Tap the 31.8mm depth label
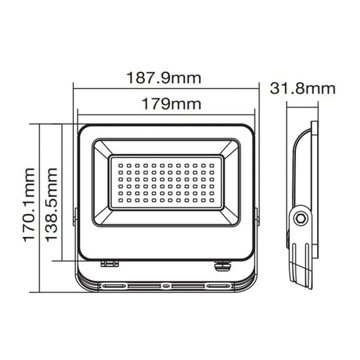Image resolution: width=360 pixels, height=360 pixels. coord(302,89)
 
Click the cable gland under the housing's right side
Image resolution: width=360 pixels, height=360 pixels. coord(219,265)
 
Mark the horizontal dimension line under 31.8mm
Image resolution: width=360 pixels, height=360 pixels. coord(302,105)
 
